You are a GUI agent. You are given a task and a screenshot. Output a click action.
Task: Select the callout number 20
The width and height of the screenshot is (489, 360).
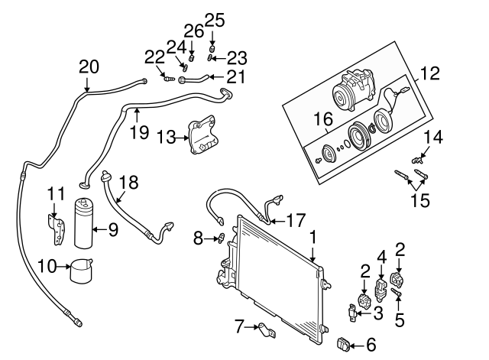click(x=89, y=67)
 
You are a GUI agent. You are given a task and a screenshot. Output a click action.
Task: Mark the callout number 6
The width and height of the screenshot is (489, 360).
click(x=372, y=345)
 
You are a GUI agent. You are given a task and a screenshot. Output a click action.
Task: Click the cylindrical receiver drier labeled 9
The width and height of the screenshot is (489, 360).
click(x=85, y=222)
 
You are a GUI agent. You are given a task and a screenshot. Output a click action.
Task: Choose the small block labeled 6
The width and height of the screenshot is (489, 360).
click(x=345, y=345)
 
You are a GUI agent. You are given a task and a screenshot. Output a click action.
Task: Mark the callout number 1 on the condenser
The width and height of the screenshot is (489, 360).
click(x=312, y=239)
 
